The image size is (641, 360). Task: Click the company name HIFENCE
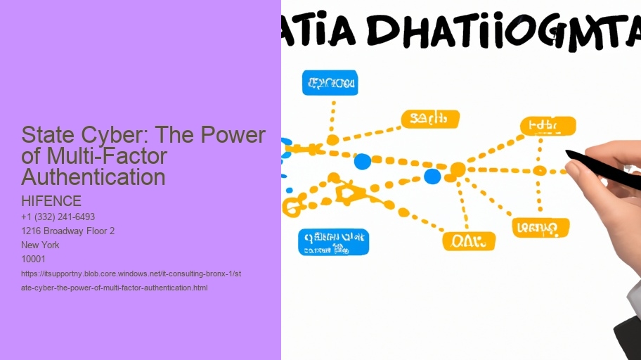pyautogui.click(x=51, y=202)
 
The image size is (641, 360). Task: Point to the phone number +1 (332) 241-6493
pyautogui.click(x=58, y=217)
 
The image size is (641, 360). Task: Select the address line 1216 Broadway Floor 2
pyautogui.click(x=68, y=231)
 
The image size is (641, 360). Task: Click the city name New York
pyautogui.click(x=41, y=245)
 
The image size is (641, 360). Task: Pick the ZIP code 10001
pyautogui.click(x=34, y=259)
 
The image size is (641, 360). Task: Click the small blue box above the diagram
pyautogui.click(x=330, y=83)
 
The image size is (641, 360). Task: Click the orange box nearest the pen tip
pyautogui.click(x=548, y=127)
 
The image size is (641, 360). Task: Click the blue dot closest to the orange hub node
pyautogui.click(x=432, y=176)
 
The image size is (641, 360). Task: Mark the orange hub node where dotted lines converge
pyautogui.click(x=458, y=169)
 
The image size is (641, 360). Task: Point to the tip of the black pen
pyautogui.click(x=568, y=152)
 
